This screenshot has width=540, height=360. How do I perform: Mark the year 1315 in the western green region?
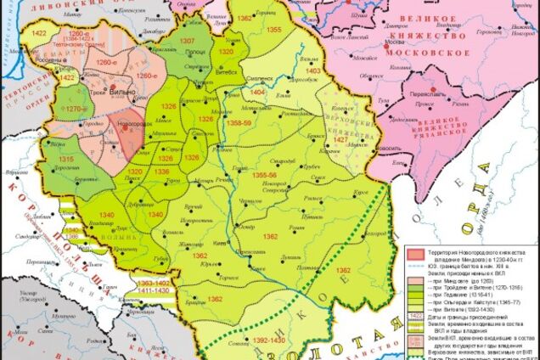click(65, 160)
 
